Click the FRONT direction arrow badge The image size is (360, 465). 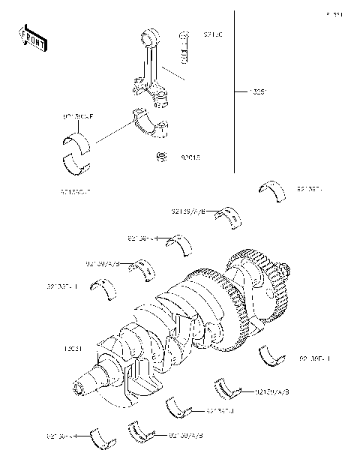point(33,39)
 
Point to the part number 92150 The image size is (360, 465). point(213,35)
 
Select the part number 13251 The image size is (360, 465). point(258,93)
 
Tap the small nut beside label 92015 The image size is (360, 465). point(160,157)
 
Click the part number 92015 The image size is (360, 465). point(189,157)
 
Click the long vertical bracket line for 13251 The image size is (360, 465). point(238,90)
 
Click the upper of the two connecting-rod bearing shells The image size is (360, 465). point(76,139)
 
